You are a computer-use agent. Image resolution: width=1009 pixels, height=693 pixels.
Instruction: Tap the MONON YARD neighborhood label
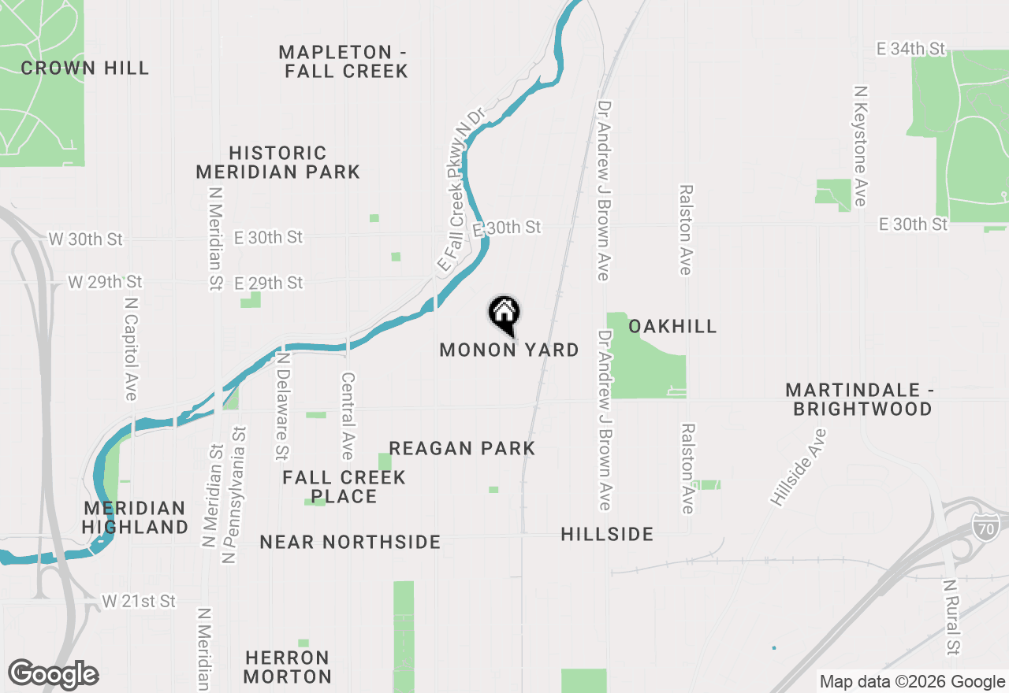[509, 350]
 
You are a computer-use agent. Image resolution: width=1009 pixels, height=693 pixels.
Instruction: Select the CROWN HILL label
[85, 69]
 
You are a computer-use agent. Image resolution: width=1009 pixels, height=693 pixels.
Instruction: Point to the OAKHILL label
[672, 326]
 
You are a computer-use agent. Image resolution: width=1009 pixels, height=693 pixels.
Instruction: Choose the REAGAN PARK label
[462, 448]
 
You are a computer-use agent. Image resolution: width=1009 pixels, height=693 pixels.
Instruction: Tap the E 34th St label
[910, 49]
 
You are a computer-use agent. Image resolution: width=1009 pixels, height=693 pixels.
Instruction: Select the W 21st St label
[139, 602]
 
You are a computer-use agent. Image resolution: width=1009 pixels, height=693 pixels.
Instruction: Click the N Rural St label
[952, 617]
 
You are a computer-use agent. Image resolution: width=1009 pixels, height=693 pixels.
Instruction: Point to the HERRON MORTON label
[288, 667]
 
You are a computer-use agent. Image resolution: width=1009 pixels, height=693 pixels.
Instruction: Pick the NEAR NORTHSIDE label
[350, 542]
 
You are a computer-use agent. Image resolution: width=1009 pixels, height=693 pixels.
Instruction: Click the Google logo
[53, 675]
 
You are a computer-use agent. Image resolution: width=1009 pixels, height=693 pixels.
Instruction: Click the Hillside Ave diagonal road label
[799, 468]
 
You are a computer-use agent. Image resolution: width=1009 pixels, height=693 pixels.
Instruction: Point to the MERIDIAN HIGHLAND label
[136, 517]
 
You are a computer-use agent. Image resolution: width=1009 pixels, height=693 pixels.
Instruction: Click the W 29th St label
[105, 281]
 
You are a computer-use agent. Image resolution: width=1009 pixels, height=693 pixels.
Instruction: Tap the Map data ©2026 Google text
[912, 682]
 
